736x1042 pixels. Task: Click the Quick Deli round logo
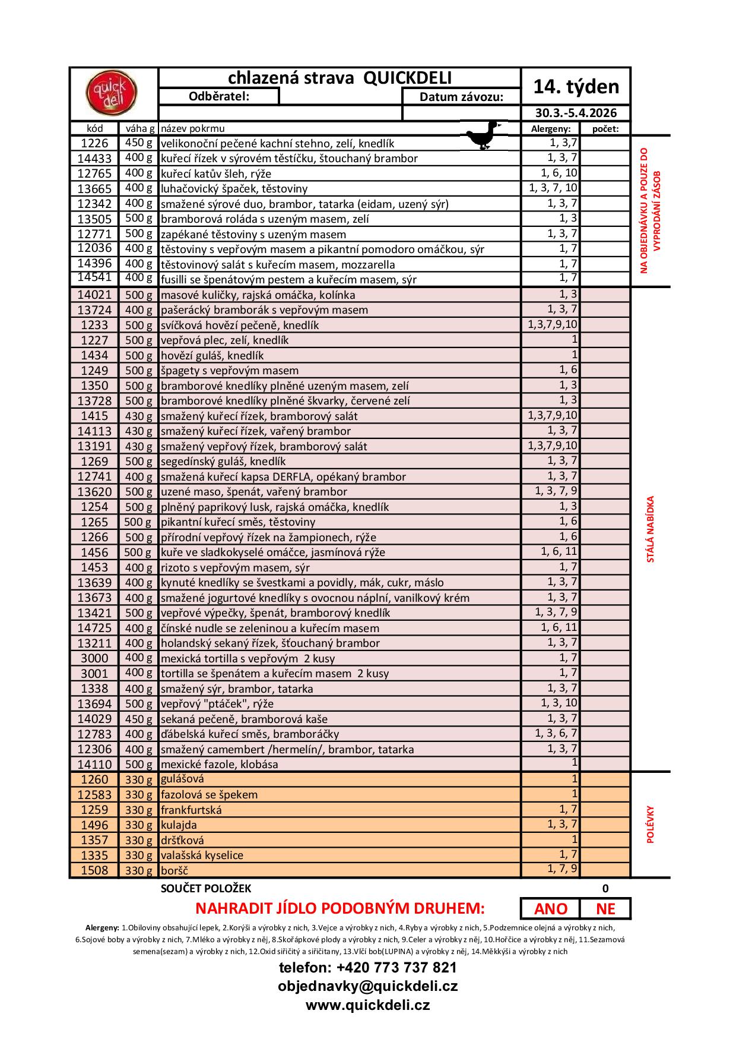coord(111,93)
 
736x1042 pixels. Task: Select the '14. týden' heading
coord(576,87)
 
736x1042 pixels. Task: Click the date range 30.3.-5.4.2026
coord(576,113)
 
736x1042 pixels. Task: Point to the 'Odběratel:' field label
coord(218,96)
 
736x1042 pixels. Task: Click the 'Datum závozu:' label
coord(461,97)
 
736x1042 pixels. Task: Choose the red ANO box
coord(550,909)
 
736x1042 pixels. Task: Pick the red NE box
coord(605,909)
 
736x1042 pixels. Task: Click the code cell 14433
coord(94,159)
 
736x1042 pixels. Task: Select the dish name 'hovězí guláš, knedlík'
coord(212,356)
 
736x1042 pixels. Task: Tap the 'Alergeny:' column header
coord(550,128)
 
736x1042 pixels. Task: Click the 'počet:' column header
coord(605,128)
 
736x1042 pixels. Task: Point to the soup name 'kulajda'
coord(179,825)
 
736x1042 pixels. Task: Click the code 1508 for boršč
coord(94,870)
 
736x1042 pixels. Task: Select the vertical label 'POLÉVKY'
coord(650,825)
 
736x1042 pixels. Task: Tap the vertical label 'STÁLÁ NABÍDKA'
coord(650,529)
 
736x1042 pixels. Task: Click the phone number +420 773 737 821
coord(368,968)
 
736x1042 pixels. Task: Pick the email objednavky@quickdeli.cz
coord(368,986)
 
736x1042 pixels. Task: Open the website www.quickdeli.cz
coord(368,1005)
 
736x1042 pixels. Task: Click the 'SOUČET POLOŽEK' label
coord(206,889)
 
